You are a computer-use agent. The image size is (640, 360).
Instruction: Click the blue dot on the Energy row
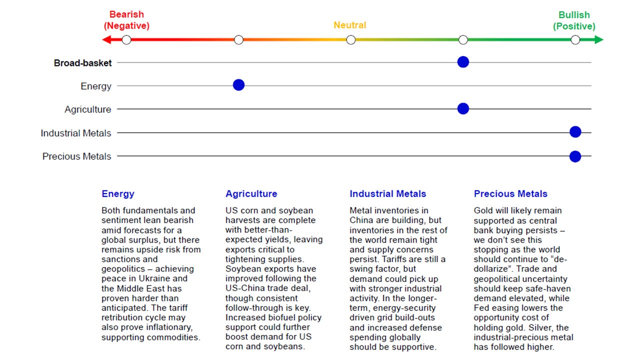tap(238, 85)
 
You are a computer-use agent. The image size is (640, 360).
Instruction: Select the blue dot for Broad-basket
tap(463, 62)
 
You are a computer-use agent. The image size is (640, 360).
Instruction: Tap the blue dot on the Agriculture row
tap(463, 108)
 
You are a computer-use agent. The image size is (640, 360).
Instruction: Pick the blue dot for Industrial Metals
tap(575, 132)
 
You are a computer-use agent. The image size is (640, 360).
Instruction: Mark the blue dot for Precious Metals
tap(575, 156)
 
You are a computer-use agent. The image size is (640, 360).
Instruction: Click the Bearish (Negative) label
tap(126, 20)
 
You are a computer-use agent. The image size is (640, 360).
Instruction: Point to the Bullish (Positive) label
tap(574, 20)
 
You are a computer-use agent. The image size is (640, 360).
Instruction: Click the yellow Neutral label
tap(350, 25)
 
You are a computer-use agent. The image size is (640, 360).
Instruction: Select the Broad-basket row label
tap(82, 63)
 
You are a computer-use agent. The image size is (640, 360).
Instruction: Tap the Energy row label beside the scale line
tap(96, 86)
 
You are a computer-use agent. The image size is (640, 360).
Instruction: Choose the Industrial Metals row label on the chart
tap(76, 133)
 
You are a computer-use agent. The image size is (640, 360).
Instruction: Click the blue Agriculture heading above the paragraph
tap(251, 194)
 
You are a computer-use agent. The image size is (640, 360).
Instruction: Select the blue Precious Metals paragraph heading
tap(510, 194)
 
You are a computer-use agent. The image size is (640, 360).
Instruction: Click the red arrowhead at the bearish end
tap(106, 39)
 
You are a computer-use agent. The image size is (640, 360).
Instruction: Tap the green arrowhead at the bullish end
tap(599, 39)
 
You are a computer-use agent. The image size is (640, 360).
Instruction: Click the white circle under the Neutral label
tap(351, 39)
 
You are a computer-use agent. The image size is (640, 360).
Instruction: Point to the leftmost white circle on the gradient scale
tap(126, 39)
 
